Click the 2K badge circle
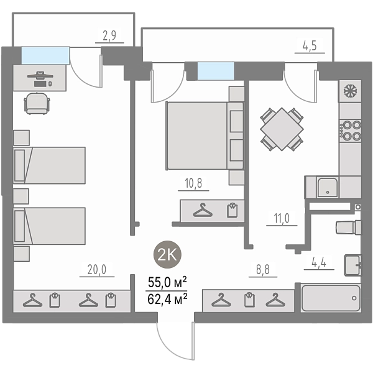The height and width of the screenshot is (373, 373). click(167, 254)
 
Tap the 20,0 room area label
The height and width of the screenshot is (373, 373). click(97, 270)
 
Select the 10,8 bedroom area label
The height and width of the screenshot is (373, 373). click(193, 183)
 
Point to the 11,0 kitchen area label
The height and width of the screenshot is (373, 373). click(282, 218)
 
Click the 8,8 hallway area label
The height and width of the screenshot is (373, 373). click(263, 270)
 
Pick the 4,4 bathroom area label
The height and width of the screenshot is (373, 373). click(319, 262)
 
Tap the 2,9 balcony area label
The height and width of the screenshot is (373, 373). click(109, 35)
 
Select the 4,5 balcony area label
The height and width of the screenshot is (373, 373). click(310, 46)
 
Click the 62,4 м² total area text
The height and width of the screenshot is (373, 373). click(167, 300)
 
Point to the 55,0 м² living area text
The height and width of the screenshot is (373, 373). click(167, 283)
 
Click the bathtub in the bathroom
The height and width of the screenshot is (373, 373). click(331, 298)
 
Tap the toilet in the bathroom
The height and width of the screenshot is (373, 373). click(349, 228)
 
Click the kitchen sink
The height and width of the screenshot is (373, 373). click(328, 188)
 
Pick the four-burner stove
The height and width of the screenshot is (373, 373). click(350, 131)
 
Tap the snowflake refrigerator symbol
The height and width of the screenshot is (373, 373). click(350, 91)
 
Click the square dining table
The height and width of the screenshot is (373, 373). click(282, 129)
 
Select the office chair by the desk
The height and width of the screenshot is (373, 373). click(37, 103)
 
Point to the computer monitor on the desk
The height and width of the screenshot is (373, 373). click(40, 75)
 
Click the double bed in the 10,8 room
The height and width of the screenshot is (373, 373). click(205, 136)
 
